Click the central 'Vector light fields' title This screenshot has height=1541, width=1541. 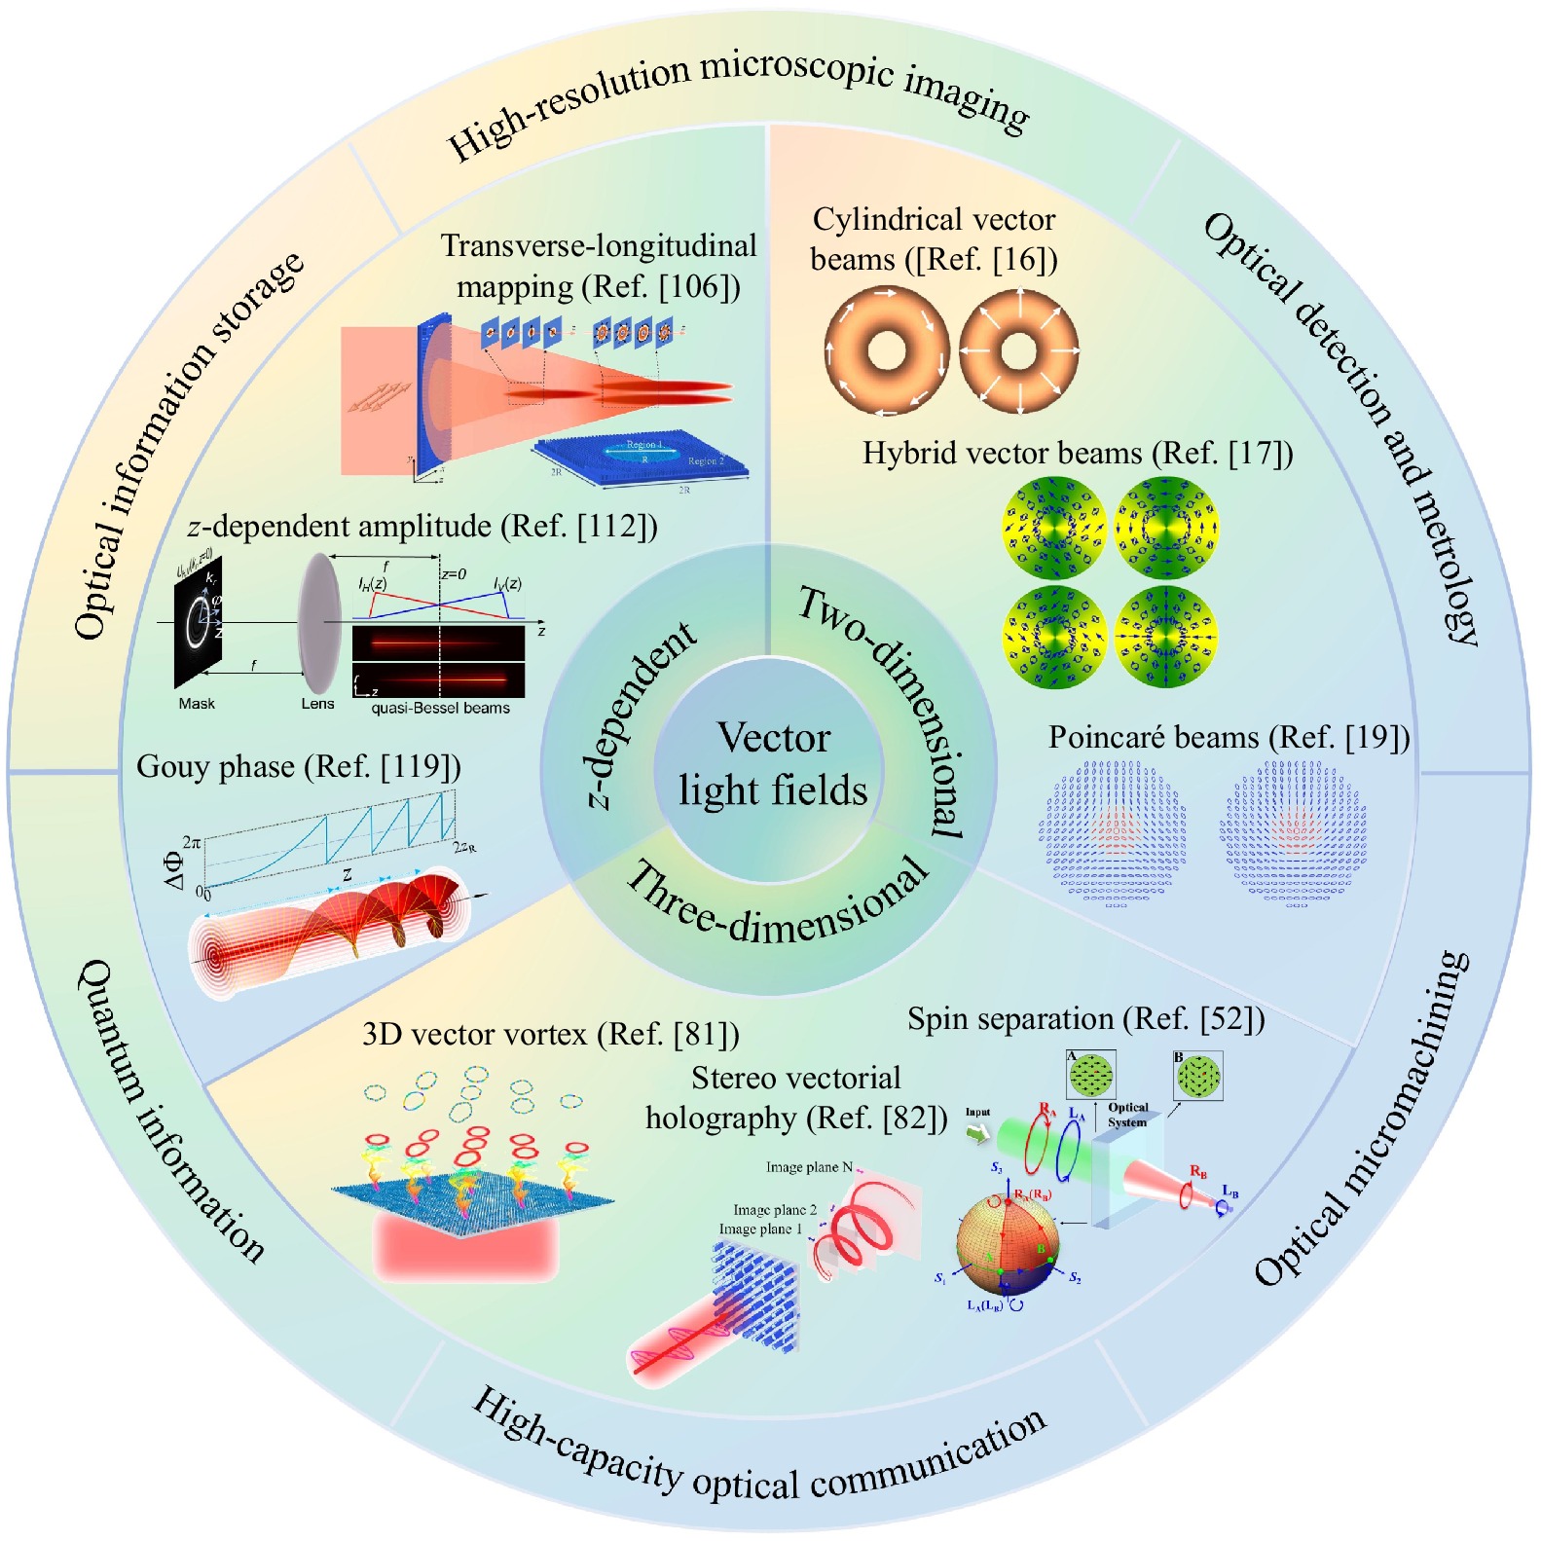pyautogui.click(x=773, y=764)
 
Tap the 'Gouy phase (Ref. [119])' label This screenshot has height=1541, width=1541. pyautogui.click(x=298, y=767)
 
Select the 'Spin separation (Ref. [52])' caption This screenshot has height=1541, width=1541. pyautogui.click(x=1085, y=1019)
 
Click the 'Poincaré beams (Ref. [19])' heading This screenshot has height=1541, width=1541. pyautogui.click(x=1229, y=738)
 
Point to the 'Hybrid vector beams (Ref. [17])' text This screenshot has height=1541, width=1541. pyautogui.click(x=1077, y=454)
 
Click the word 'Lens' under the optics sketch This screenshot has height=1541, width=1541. pyautogui.click(x=317, y=704)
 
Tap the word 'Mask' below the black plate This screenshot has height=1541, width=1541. pyautogui.click(x=197, y=704)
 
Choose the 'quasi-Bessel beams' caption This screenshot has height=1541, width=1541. pyautogui.click(x=440, y=708)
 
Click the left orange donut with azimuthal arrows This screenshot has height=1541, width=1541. pyautogui.click(x=886, y=350)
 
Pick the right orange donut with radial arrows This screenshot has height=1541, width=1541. pyautogui.click(x=1019, y=350)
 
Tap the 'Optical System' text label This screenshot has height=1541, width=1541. pyautogui.click(x=1127, y=1115)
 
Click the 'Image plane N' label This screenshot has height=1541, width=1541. pyautogui.click(x=809, y=1167)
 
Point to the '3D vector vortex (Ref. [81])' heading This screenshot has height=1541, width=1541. pyautogui.click(x=550, y=1034)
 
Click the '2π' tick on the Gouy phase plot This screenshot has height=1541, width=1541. pyautogui.click(x=192, y=842)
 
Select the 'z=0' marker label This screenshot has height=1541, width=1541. pyautogui.click(x=454, y=574)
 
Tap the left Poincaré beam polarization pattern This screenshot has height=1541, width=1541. pyautogui.click(x=1116, y=835)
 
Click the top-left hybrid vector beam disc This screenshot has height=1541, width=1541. pyautogui.click(x=1054, y=528)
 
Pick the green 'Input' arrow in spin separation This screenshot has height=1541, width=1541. pyautogui.click(x=976, y=1132)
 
